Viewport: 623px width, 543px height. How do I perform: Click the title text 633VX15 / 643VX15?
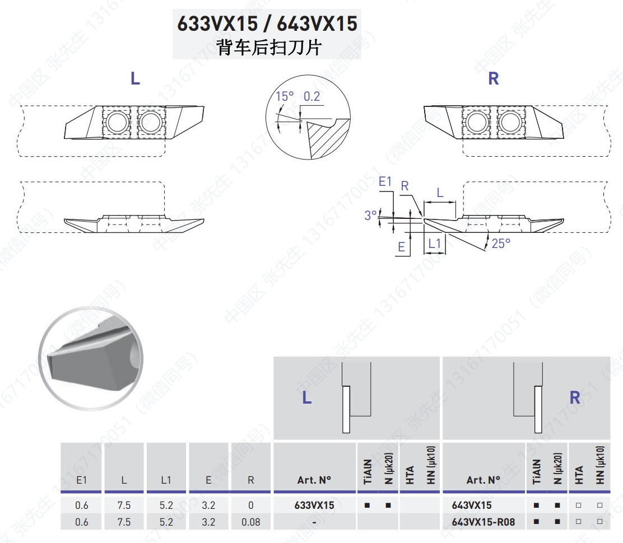[x=267, y=24]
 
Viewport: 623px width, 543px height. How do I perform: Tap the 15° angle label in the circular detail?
[x=285, y=96]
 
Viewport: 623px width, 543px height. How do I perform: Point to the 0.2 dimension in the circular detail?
[x=311, y=96]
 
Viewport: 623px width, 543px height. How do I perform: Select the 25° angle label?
[x=501, y=244]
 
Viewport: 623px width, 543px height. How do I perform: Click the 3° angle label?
[x=370, y=215]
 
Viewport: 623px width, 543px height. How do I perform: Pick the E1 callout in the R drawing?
[x=385, y=181]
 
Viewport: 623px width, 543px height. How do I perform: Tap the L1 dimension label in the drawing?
[x=434, y=244]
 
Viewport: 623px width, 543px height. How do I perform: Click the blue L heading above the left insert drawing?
[x=136, y=78]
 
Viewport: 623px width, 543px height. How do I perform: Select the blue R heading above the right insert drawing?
[x=494, y=78]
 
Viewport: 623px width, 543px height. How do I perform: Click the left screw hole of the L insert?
[x=117, y=122]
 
